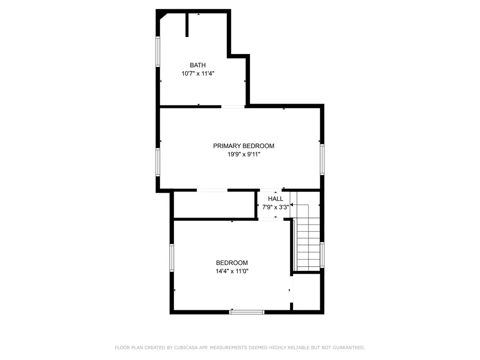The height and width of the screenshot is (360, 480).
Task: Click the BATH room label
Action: tap(198, 65)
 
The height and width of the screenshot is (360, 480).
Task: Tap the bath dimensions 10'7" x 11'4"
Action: tap(198, 74)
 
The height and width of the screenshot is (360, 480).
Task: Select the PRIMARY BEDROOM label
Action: tap(244, 146)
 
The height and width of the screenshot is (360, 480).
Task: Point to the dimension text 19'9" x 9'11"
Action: tap(244, 154)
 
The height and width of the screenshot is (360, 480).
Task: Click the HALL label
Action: tap(276, 199)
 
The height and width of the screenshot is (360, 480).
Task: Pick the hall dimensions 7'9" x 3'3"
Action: tap(276, 207)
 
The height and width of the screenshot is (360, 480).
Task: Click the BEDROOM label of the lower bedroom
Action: tap(232, 262)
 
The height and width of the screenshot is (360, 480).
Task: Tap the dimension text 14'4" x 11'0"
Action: tap(232, 271)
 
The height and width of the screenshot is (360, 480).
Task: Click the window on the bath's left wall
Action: tap(158, 52)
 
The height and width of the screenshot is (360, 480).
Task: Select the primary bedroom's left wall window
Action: tap(158, 162)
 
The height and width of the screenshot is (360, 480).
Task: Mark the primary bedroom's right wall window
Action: tap(322, 159)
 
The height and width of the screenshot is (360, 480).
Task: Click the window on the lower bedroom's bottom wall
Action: tap(247, 312)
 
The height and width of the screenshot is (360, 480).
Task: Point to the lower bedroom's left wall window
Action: tap(172, 258)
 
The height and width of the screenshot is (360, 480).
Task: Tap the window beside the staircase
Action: tap(322, 255)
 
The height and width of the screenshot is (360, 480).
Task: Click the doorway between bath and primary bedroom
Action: tap(233, 106)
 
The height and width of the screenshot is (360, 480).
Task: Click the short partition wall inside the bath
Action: tap(187, 25)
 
